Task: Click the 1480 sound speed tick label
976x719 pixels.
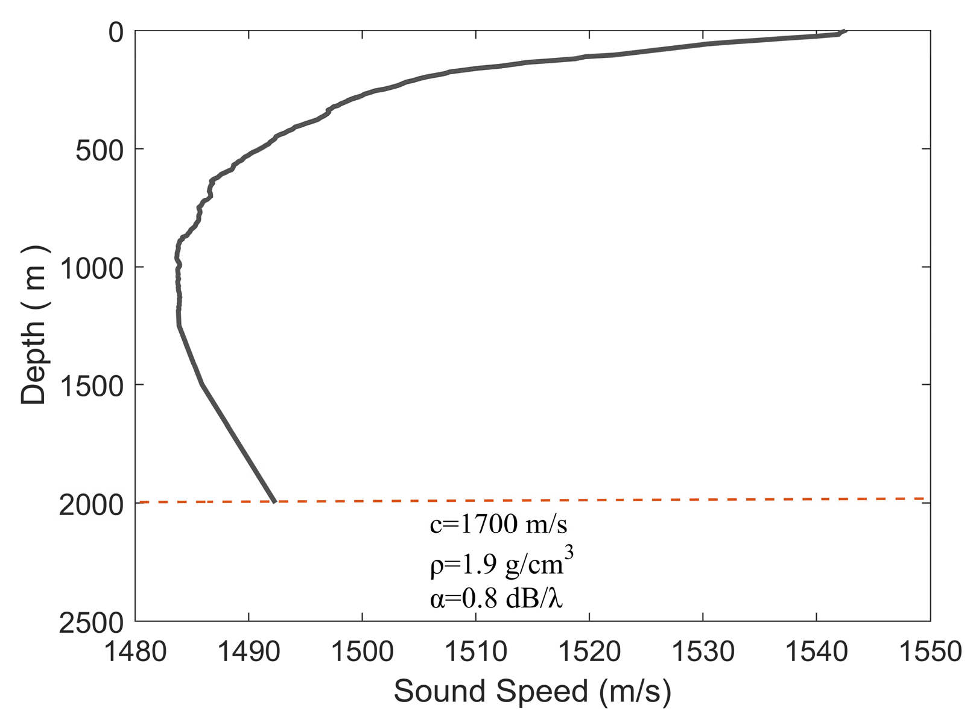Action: click(135, 652)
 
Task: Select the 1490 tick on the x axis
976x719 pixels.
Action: click(249, 652)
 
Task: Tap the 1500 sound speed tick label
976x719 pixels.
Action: click(362, 652)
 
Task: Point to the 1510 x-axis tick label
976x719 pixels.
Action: click(475, 652)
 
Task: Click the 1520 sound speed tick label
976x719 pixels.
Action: click(589, 652)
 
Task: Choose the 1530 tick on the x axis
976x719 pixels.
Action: click(703, 652)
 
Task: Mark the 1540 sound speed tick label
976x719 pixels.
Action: click(816, 652)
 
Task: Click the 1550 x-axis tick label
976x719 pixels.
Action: click(930, 652)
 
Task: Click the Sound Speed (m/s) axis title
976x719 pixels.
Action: click(532, 691)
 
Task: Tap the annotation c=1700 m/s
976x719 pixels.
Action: click(498, 525)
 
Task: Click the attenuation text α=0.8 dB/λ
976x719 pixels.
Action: click(496, 599)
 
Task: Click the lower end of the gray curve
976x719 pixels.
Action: click(274, 501)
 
